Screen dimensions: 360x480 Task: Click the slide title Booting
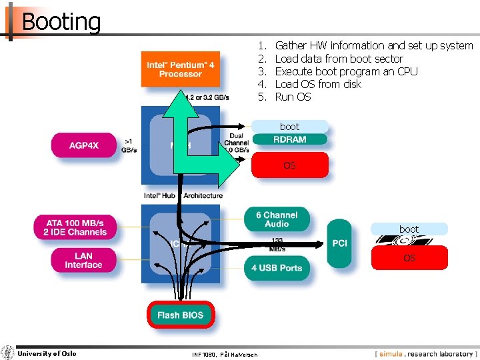tap(61, 21)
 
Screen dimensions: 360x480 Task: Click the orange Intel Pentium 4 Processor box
tap(180, 69)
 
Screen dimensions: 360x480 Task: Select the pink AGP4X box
tap(84, 145)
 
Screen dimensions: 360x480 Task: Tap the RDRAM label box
tap(290, 139)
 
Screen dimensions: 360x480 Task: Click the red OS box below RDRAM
tap(290, 165)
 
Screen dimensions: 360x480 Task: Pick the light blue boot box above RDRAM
tap(290, 126)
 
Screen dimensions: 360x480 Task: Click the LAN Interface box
tap(83, 260)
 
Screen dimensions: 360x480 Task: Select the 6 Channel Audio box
tap(277, 219)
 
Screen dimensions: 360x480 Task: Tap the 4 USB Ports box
tap(277, 268)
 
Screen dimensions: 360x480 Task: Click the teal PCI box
tap(339, 243)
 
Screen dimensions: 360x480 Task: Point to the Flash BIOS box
tap(181, 315)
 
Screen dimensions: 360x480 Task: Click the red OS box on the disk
tap(409, 258)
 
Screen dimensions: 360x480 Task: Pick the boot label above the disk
tap(409, 229)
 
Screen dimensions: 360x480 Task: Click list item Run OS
tap(293, 97)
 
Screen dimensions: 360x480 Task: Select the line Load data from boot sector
tap(339, 59)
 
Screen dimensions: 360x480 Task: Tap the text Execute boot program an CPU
tap(346, 71)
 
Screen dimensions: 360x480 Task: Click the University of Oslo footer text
tap(47, 354)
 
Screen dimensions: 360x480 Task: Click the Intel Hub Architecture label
tap(183, 195)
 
